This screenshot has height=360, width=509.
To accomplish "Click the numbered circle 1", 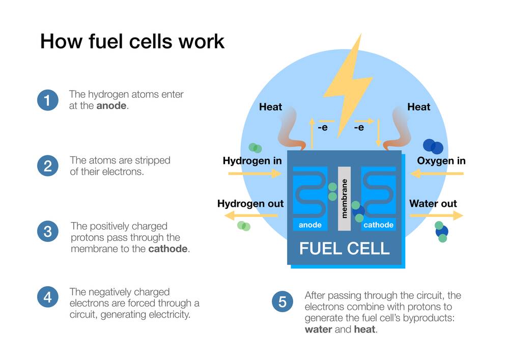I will tap(47, 100).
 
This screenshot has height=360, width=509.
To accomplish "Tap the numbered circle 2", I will tap(47, 165).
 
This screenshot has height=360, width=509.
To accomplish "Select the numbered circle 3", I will tap(47, 232).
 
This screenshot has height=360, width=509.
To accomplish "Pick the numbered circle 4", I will tap(47, 297).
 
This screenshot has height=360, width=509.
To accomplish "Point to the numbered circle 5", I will tap(282, 302).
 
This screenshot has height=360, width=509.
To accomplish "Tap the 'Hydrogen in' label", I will tap(252, 161).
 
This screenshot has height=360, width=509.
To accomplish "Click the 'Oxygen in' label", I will tap(441, 161).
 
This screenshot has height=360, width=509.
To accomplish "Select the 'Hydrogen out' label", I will tap(250, 204).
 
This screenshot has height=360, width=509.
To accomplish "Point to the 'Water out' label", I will tap(433, 204).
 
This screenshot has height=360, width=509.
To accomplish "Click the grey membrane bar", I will tap(345, 199).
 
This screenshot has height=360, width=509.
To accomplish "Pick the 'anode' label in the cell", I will tap(310, 225).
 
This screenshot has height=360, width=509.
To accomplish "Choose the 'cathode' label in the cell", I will tap(378, 225).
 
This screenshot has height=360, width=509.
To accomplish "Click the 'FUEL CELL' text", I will tap(344, 248).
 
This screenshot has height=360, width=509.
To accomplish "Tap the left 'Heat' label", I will tap(270, 107).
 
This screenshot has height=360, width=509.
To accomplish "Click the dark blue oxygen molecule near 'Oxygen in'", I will tap(433, 146).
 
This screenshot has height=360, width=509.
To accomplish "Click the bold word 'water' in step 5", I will tap(318, 329).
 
